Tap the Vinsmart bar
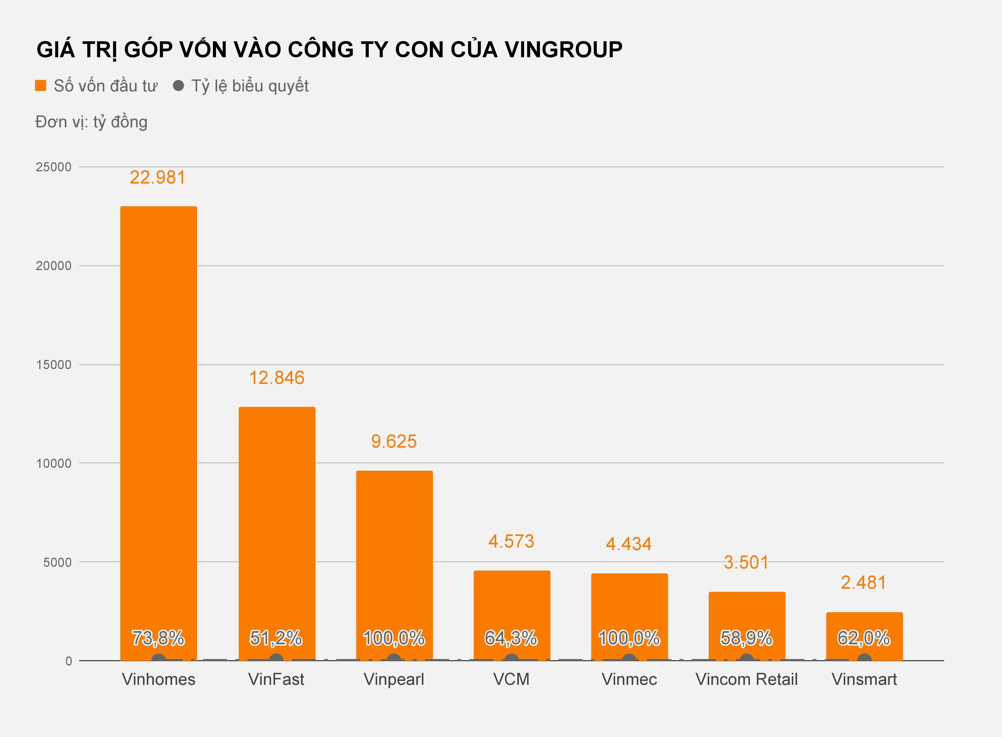point(864,624)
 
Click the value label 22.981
point(158,178)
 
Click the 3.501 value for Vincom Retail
point(746,563)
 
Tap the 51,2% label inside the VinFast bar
point(276,638)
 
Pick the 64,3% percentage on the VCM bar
point(511,638)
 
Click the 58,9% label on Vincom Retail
point(746,638)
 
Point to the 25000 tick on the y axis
point(54,167)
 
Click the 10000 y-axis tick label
point(54,463)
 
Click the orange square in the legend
point(41,86)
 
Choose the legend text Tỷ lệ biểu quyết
point(250,86)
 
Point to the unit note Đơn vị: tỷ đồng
point(91,122)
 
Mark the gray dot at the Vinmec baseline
point(629,659)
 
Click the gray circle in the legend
point(179,86)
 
